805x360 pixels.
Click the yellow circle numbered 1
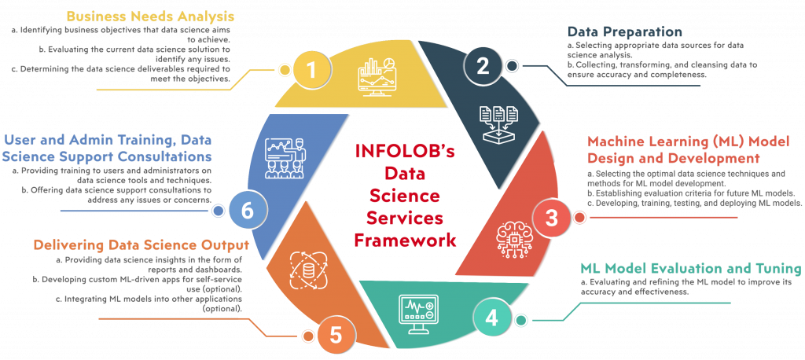tap(311, 70)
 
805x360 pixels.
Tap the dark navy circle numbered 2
tap(483, 65)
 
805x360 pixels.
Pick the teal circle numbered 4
tap(491, 318)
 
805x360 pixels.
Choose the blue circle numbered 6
tap(247, 211)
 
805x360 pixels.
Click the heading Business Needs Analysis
tap(150, 16)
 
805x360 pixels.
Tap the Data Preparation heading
tap(624, 32)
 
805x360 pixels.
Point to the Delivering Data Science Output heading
tap(140, 244)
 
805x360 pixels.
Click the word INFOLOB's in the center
tap(405, 150)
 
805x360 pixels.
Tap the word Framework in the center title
tap(405, 240)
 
